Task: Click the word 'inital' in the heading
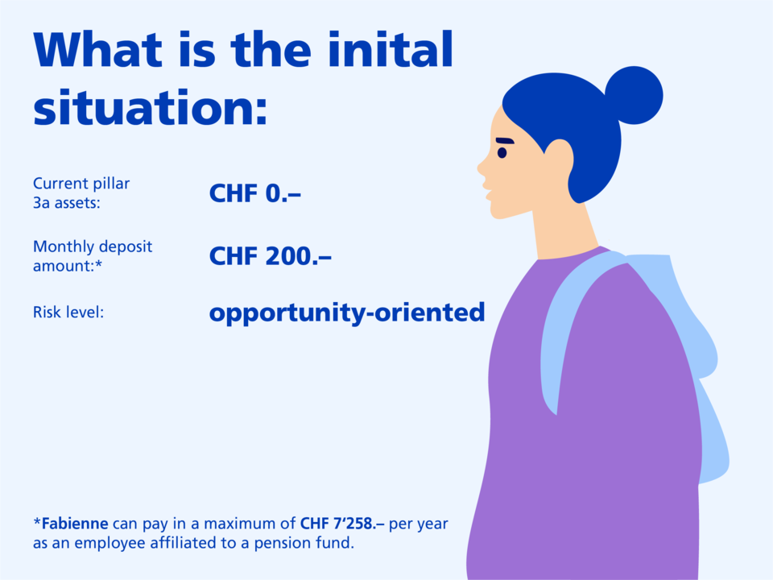pyautogui.click(x=390, y=49)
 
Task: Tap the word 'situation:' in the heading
pyautogui.click(x=150, y=108)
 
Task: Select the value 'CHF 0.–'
pyautogui.click(x=255, y=193)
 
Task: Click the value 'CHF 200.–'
pyautogui.click(x=271, y=256)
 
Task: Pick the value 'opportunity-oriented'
pyautogui.click(x=347, y=313)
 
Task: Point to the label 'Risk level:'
pyautogui.click(x=68, y=313)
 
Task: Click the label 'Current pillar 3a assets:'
pyautogui.click(x=81, y=193)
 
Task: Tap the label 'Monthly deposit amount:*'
pyautogui.click(x=93, y=256)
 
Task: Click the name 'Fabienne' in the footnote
pyautogui.click(x=74, y=524)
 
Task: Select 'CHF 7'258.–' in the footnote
pyautogui.click(x=342, y=524)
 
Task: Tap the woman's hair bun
pyautogui.click(x=634, y=96)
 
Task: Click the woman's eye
pyautogui.click(x=502, y=152)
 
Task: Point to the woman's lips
pyautogui.click(x=487, y=191)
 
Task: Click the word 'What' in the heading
pyautogui.click(x=97, y=49)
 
